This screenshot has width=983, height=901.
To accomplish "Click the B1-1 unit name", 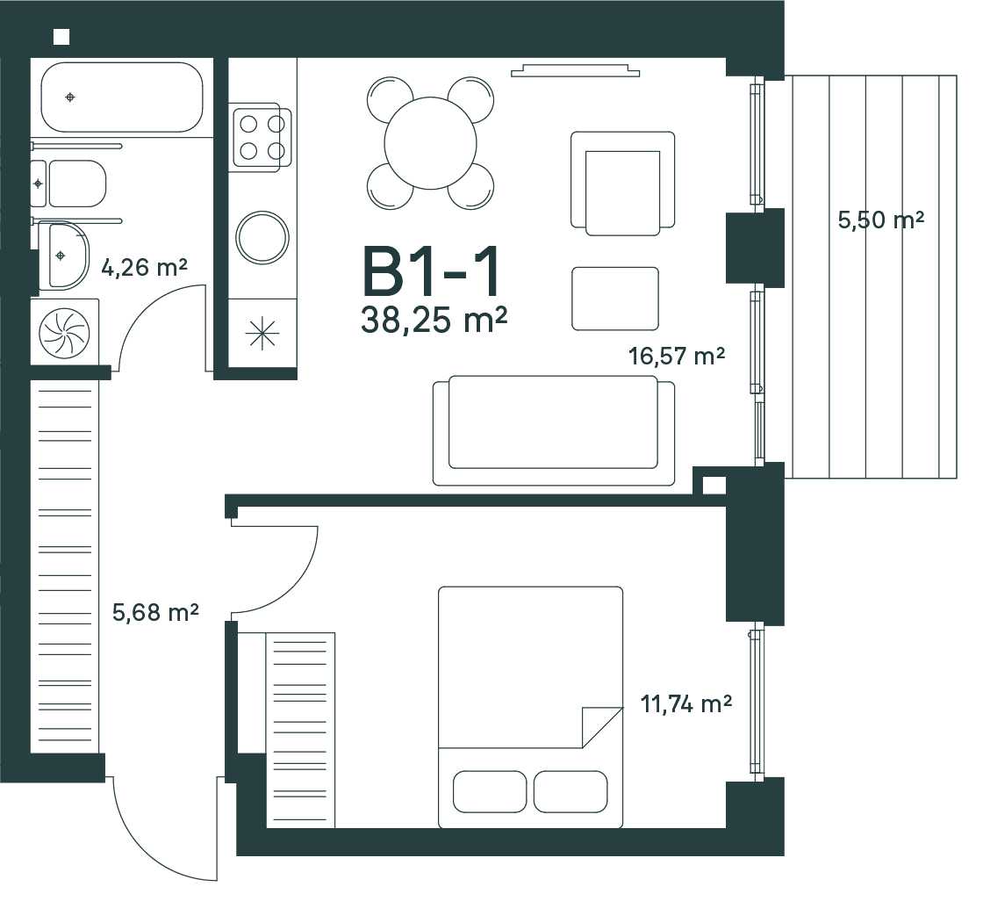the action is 432,271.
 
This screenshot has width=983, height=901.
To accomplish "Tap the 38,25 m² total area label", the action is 434,320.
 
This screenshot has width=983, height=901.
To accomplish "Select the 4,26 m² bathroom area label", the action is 144,268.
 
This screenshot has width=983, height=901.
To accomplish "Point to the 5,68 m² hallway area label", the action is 155,612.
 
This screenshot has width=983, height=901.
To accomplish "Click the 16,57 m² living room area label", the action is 677,357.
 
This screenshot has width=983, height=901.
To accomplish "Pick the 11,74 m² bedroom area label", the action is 685,704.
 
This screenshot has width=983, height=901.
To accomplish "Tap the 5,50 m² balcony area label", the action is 881,220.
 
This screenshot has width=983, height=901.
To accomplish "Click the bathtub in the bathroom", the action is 122,97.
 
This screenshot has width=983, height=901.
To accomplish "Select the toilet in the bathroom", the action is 69,184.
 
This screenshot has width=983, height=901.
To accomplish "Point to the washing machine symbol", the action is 65,332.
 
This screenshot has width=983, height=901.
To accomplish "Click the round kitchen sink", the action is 262,238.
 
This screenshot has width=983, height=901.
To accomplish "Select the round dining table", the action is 431,143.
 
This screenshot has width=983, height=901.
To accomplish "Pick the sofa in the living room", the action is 554,430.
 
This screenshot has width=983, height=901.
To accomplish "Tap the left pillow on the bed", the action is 490,791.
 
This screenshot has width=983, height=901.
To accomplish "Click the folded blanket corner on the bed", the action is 602,727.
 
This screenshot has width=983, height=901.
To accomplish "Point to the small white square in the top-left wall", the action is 61,37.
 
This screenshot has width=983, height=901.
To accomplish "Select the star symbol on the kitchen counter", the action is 262,333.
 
